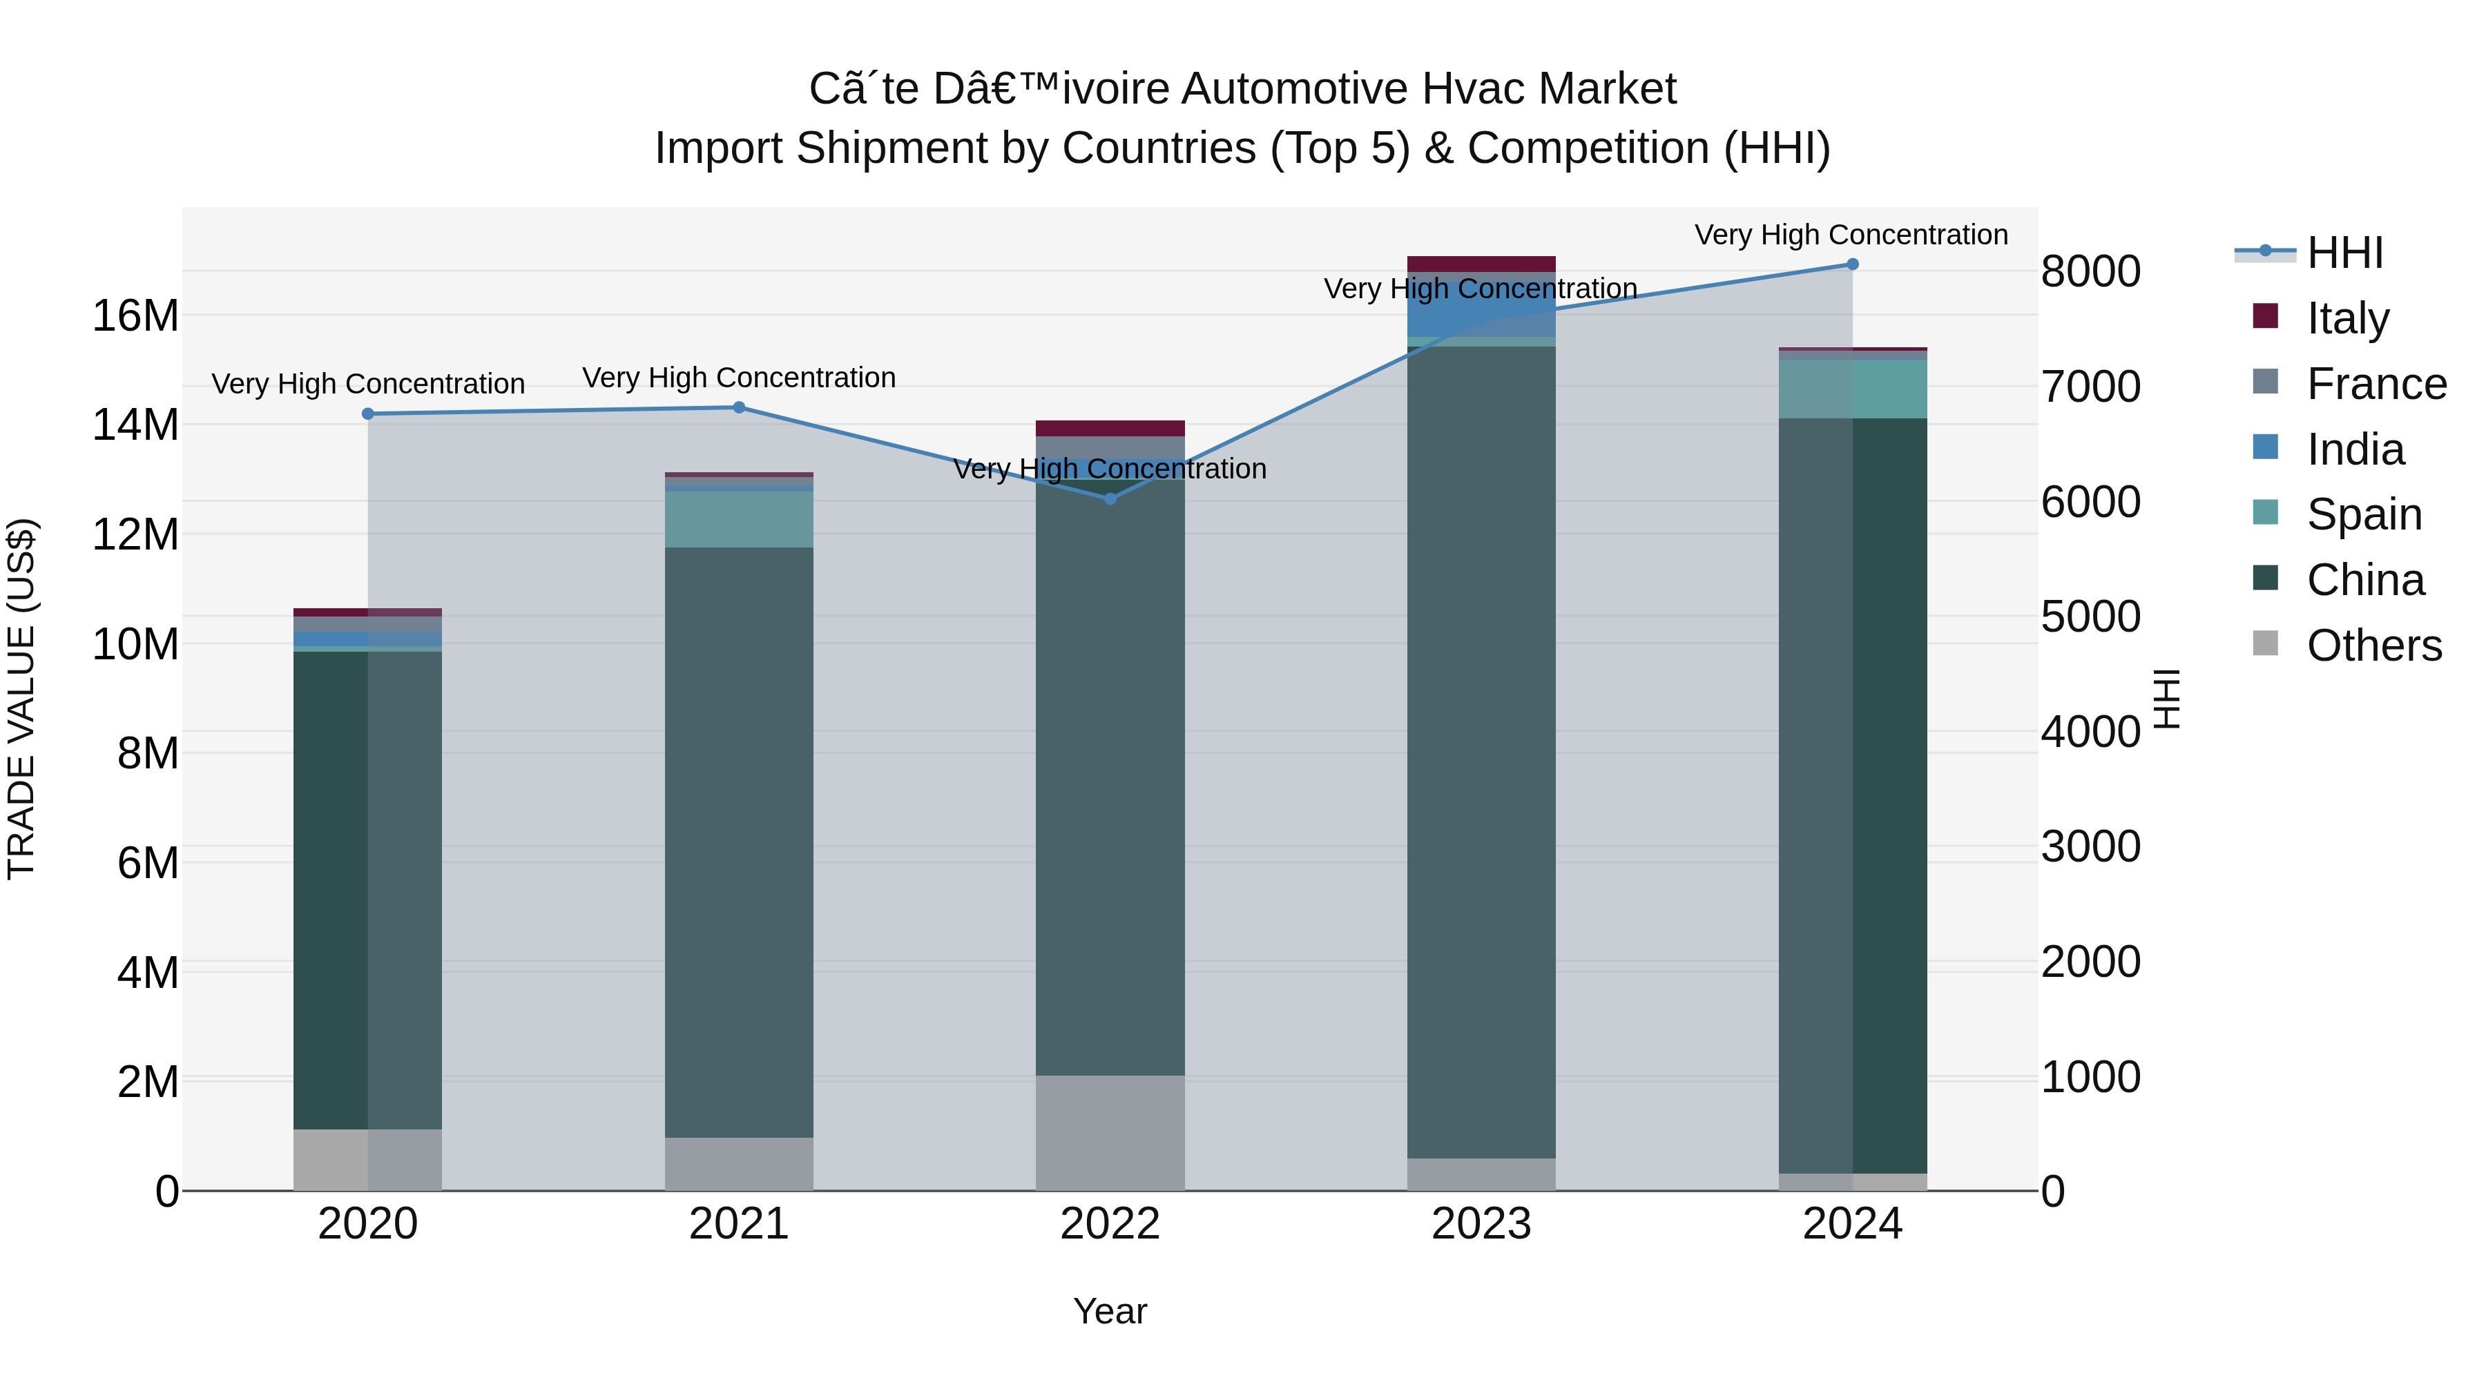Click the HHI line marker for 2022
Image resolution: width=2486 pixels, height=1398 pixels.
coord(1110,499)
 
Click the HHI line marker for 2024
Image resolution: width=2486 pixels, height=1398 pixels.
coord(1852,264)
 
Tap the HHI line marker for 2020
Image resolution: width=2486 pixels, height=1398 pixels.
coord(367,414)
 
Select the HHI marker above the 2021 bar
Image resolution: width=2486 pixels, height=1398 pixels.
coord(739,407)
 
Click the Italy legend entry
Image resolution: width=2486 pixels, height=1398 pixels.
coord(2347,318)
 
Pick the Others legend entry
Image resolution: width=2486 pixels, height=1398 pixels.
coord(2372,645)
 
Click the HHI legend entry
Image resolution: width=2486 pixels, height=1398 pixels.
coord(2343,253)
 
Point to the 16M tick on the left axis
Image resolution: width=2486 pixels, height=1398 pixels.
coord(135,315)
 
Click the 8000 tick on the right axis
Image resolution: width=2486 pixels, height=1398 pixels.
coord(2090,271)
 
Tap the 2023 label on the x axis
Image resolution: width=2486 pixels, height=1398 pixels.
coord(1481,1224)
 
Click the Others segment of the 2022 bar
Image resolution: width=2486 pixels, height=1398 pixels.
coord(1110,1133)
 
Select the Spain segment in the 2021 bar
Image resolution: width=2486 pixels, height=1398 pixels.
coord(739,519)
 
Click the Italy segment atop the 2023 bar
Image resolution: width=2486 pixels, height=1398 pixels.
coord(1481,264)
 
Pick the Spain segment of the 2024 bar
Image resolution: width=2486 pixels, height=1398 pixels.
coord(1852,389)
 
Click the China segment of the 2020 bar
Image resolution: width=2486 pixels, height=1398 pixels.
coord(367,888)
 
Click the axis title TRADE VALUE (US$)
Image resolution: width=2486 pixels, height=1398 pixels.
coord(21,699)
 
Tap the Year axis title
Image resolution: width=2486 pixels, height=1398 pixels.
coord(1110,1311)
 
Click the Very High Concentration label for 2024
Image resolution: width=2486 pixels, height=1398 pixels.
coord(1851,235)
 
